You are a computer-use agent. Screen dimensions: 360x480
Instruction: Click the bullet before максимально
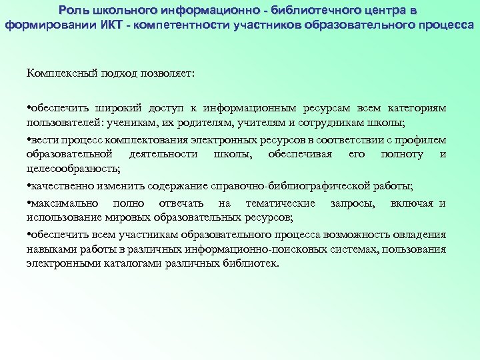pos(29,203)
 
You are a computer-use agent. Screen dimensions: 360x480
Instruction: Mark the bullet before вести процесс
pos(29,141)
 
